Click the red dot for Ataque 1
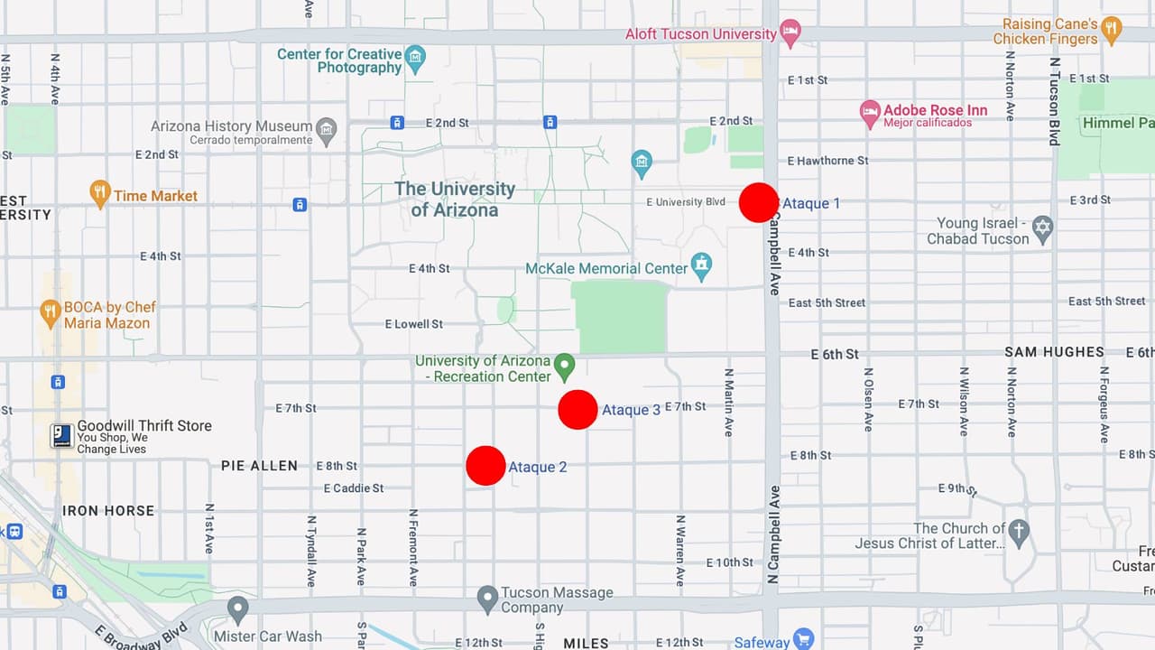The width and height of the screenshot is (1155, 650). pyautogui.click(x=758, y=202)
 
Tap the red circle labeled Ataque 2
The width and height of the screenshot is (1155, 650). pyautogui.click(x=485, y=466)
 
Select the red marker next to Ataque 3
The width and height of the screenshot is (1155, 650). pyautogui.click(x=577, y=409)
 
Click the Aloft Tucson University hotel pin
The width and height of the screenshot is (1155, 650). pyautogui.click(x=790, y=32)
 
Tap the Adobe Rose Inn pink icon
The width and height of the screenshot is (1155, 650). pyautogui.click(x=870, y=114)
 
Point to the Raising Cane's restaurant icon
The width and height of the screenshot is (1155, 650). pyautogui.click(x=1112, y=29)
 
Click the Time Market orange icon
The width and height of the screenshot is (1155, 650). pyautogui.click(x=100, y=193)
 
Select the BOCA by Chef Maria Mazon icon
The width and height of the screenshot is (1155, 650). pyautogui.click(x=51, y=313)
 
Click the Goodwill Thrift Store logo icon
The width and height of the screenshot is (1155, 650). pyautogui.click(x=61, y=436)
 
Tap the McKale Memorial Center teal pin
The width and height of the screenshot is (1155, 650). pyautogui.click(x=701, y=265)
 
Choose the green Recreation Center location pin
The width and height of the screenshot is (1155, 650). pyautogui.click(x=565, y=367)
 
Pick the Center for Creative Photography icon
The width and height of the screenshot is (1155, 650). pyautogui.click(x=415, y=59)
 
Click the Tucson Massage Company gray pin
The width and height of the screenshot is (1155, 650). pyautogui.click(x=487, y=598)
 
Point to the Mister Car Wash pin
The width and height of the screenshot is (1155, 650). pyautogui.click(x=238, y=608)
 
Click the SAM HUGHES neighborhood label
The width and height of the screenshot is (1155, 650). pyautogui.click(x=1054, y=352)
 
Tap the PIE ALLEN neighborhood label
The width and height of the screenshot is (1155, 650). pyautogui.click(x=259, y=466)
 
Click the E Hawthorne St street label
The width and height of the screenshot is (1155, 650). pyautogui.click(x=827, y=161)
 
